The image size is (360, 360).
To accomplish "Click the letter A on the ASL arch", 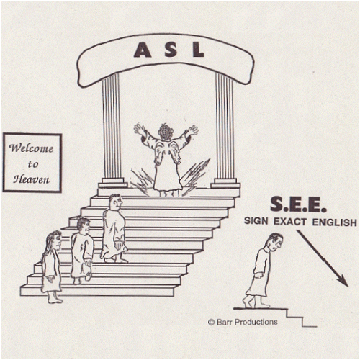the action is (x=143, y=50).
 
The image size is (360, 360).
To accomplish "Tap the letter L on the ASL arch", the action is (x=198, y=50).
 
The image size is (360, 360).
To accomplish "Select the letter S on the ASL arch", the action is (x=171, y=50).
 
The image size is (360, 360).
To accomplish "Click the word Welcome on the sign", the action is (x=31, y=148).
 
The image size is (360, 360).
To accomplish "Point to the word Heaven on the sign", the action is (x=31, y=179).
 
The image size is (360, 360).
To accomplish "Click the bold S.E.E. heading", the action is (x=298, y=204).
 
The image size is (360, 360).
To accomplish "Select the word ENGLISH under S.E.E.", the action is (x=334, y=222).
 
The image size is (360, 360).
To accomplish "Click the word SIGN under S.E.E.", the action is (x=256, y=220).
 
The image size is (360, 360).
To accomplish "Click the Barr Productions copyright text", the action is (x=243, y=322).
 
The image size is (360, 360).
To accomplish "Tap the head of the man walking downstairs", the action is (x=276, y=243).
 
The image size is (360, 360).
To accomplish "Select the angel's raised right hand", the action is (x=193, y=130).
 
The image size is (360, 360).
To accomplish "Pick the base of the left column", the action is (x=113, y=183).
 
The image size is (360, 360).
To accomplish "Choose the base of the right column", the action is (x=225, y=183).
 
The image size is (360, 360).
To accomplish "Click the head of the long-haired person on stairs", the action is (x=55, y=240).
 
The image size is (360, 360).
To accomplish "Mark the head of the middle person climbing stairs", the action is (x=84, y=226).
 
